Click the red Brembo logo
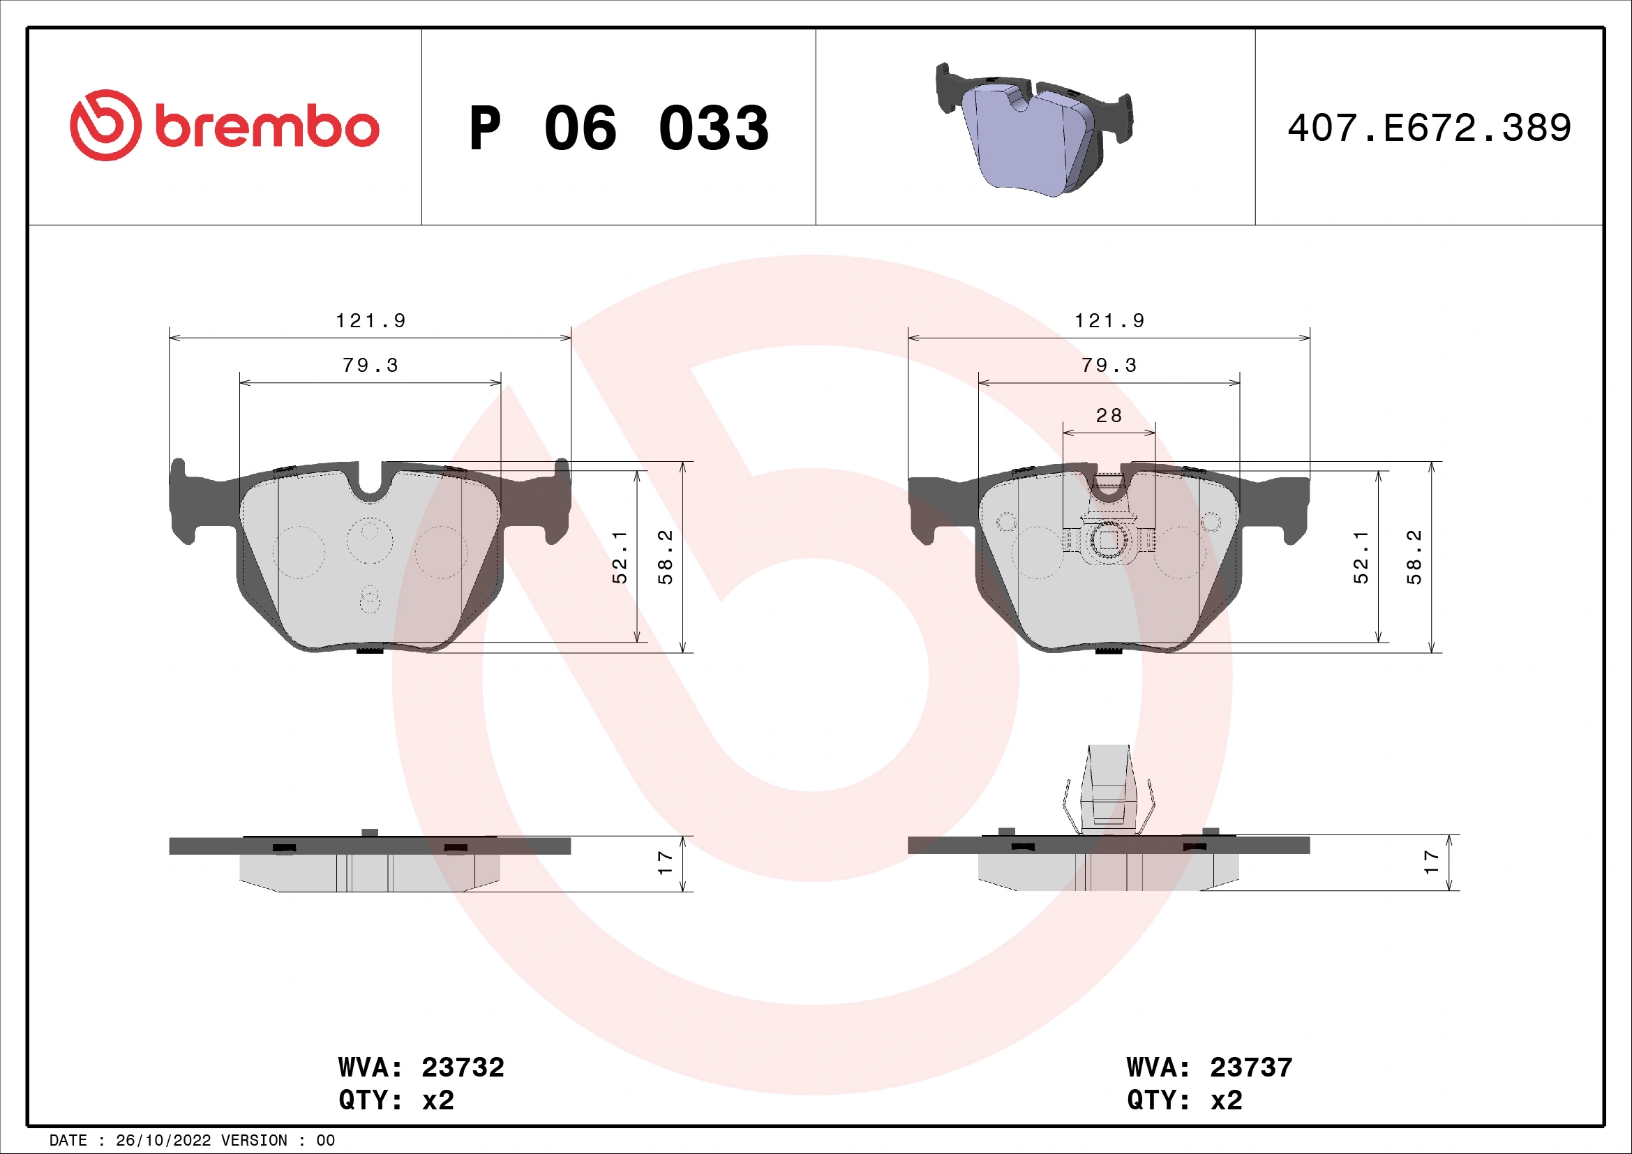[x=225, y=126]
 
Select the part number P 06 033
[x=618, y=128]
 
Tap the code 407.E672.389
[x=1429, y=128]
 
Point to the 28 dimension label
[x=1109, y=416]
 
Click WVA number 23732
[x=463, y=1067]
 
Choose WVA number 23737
[x=1251, y=1067]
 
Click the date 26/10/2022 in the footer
[x=163, y=1141]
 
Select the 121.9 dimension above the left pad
[x=370, y=321]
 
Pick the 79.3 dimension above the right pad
[x=1109, y=365]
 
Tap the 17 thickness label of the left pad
[x=666, y=862]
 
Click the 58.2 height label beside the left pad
[x=666, y=557]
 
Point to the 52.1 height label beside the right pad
[x=1361, y=557]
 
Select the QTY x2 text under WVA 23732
[x=396, y=1100]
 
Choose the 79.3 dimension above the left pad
[x=370, y=365]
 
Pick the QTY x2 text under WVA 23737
[x=1184, y=1100]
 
